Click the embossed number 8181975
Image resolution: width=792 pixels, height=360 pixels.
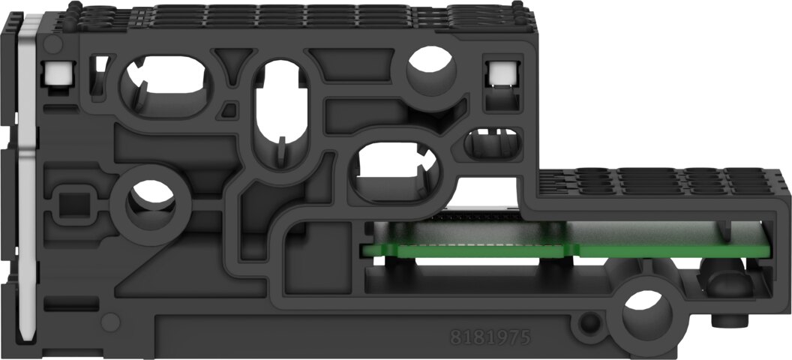click(x=490, y=337)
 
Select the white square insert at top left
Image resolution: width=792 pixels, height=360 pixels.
click(x=58, y=73)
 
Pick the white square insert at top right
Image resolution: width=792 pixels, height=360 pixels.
click(x=502, y=73)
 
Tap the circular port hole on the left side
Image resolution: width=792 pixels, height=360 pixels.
click(x=150, y=200)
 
